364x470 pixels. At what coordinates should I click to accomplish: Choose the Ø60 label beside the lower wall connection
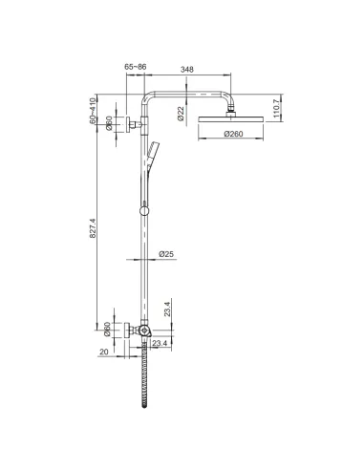point(107,330)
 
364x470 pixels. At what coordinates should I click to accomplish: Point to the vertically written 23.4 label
point(166,309)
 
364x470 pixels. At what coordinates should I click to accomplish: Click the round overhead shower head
point(230,120)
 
